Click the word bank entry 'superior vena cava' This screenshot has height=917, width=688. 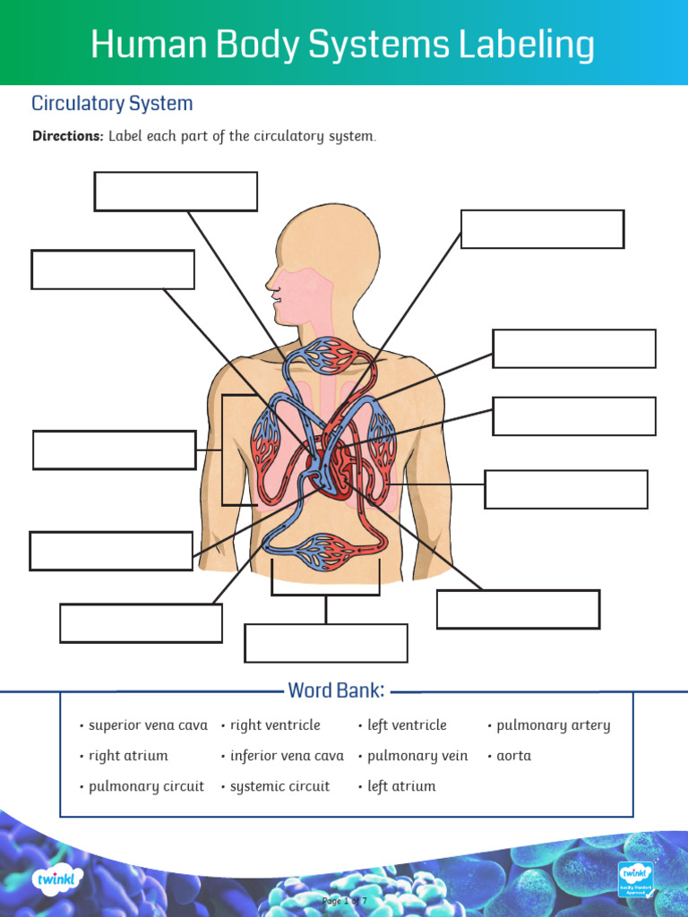pyautogui.click(x=148, y=725)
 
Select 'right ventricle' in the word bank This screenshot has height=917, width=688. pyautogui.click(x=275, y=725)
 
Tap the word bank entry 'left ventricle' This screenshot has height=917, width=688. pyautogui.click(x=407, y=725)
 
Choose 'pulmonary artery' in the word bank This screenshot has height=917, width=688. pyautogui.click(x=553, y=725)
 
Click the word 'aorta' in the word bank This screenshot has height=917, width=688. pyautogui.click(x=513, y=756)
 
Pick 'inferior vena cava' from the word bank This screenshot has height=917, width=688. pyautogui.click(x=287, y=756)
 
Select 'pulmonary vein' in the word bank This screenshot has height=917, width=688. pyautogui.click(x=417, y=756)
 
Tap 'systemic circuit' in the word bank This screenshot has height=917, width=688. pyautogui.click(x=279, y=786)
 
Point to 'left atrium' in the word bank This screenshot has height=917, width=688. pyautogui.click(x=401, y=786)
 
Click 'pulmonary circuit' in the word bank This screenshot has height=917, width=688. pyautogui.click(x=146, y=786)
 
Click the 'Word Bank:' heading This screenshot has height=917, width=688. pyautogui.click(x=336, y=690)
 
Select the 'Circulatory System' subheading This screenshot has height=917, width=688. pyautogui.click(x=112, y=103)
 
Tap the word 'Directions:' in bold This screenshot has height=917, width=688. pyautogui.click(x=68, y=136)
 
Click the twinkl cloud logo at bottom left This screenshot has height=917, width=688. pyautogui.click(x=58, y=879)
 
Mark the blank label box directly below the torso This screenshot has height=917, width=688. pyautogui.click(x=326, y=643)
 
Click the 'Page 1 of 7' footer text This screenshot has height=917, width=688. pyautogui.click(x=344, y=900)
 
